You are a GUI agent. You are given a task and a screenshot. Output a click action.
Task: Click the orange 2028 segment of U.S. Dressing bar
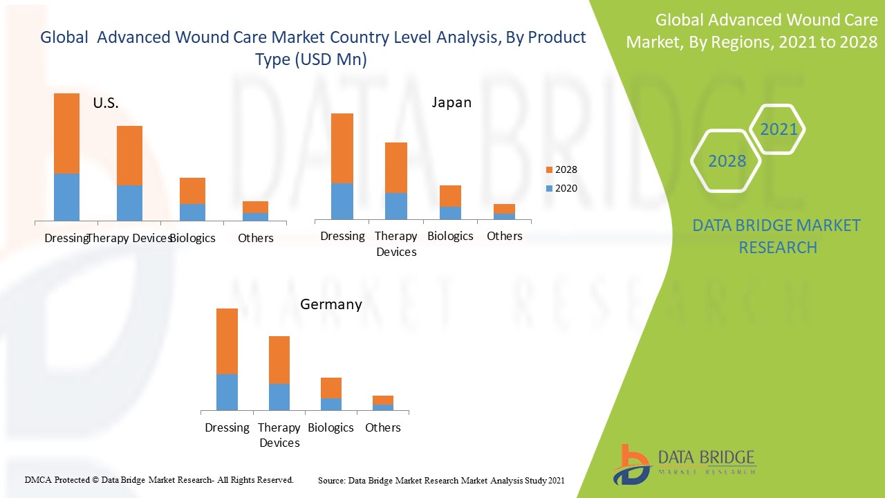tap(66, 133)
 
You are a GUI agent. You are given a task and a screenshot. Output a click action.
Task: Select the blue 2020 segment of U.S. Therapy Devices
tap(129, 203)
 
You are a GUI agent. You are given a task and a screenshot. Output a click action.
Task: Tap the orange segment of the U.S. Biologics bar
tap(192, 190)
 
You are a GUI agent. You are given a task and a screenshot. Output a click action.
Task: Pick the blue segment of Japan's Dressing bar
tap(342, 201)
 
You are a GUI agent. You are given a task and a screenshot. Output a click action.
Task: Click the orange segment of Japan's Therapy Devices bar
tap(396, 167)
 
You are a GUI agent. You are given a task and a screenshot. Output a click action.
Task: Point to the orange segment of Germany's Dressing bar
tap(227, 341)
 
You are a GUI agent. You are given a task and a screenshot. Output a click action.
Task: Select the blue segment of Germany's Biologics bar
tap(331, 404)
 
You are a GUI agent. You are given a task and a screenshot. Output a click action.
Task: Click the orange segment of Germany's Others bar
tap(383, 400)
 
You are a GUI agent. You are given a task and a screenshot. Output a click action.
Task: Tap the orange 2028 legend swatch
tap(550, 169)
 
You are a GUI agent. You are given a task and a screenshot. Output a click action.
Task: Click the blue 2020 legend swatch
tap(550, 188)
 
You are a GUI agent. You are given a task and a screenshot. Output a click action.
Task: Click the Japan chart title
tap(451, 102)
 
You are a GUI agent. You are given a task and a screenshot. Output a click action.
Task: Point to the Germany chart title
tap(330, 304)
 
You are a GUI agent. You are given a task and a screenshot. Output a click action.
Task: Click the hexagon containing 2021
tap(778, 129)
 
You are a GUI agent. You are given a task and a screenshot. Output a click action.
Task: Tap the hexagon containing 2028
tap(727, 161)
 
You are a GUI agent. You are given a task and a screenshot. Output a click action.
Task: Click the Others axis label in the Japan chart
tap(505, 236)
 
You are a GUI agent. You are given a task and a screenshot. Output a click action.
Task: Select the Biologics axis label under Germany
tap(330, 427)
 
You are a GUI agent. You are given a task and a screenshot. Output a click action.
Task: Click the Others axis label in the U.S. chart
tap(255, 238)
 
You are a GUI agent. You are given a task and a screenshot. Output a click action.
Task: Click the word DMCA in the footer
tap(39, 479)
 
